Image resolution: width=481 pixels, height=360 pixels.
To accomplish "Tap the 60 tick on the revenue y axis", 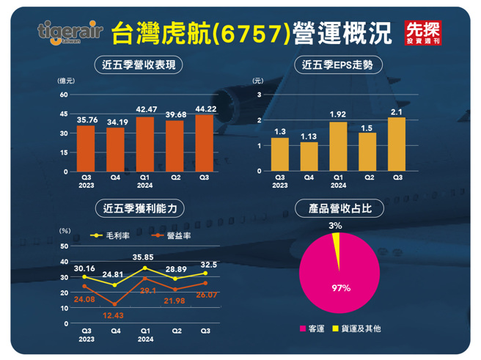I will pos(64,95).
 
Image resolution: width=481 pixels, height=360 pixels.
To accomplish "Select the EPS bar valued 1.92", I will pos(338,147).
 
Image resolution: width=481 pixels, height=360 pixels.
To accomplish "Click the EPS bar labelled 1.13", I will pos(309,156).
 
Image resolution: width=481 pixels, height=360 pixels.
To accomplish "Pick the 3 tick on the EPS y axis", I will pos(259,95).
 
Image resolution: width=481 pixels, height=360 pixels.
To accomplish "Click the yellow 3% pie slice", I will pos(337,241).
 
